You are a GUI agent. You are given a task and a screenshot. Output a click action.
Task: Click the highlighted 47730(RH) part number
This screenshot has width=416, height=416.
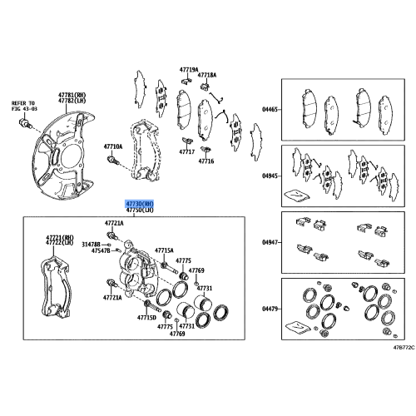tap(140, 204)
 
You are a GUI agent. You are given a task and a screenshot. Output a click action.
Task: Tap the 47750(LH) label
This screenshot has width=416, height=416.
tap(140, 210)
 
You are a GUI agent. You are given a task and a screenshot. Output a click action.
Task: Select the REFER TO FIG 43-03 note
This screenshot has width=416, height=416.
tap(24, 106)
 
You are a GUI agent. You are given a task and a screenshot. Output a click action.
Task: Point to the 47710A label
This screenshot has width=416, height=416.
tap(113, 146)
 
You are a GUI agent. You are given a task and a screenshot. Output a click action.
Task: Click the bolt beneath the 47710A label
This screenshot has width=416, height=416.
tap(113, 160)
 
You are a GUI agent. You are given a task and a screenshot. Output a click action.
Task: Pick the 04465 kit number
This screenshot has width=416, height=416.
tap(270, 110)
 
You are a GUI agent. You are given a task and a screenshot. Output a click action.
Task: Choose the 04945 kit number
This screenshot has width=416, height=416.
tap(270, 176)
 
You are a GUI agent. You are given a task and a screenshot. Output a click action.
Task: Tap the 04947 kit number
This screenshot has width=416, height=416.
tap(270, 242)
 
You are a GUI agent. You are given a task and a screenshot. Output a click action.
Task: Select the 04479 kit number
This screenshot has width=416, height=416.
tap(270, 309)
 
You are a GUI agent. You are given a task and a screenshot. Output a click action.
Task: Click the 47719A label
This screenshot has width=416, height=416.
tap(189, 70)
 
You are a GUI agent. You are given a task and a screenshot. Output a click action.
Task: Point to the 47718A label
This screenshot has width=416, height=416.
tap(207, 75)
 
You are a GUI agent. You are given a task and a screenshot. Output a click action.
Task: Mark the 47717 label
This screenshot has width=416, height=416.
tap(186, 151)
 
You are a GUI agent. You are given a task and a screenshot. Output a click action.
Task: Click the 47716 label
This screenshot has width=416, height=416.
tap(206, 161)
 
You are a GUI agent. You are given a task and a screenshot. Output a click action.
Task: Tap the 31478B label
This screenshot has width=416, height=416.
tap(91, 245)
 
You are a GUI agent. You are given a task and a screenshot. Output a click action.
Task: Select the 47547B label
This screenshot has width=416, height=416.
tap(101, 251)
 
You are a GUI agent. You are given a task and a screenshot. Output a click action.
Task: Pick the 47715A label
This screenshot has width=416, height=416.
tap(164, 250)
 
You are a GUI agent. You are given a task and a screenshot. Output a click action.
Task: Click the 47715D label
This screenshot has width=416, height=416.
tap(146, 318)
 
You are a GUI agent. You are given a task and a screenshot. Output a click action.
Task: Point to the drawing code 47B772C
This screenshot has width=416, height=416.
tap(404, 347)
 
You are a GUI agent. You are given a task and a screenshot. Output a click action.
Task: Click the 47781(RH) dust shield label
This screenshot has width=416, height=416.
tap(72, 95)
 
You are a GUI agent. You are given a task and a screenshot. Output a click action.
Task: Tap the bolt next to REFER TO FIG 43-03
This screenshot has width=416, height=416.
tap(25, 122)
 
